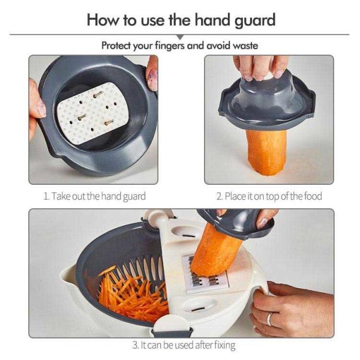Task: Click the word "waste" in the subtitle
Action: coord(242,46)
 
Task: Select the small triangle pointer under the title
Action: coord(179,37)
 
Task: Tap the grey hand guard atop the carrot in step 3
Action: coord(240,222)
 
